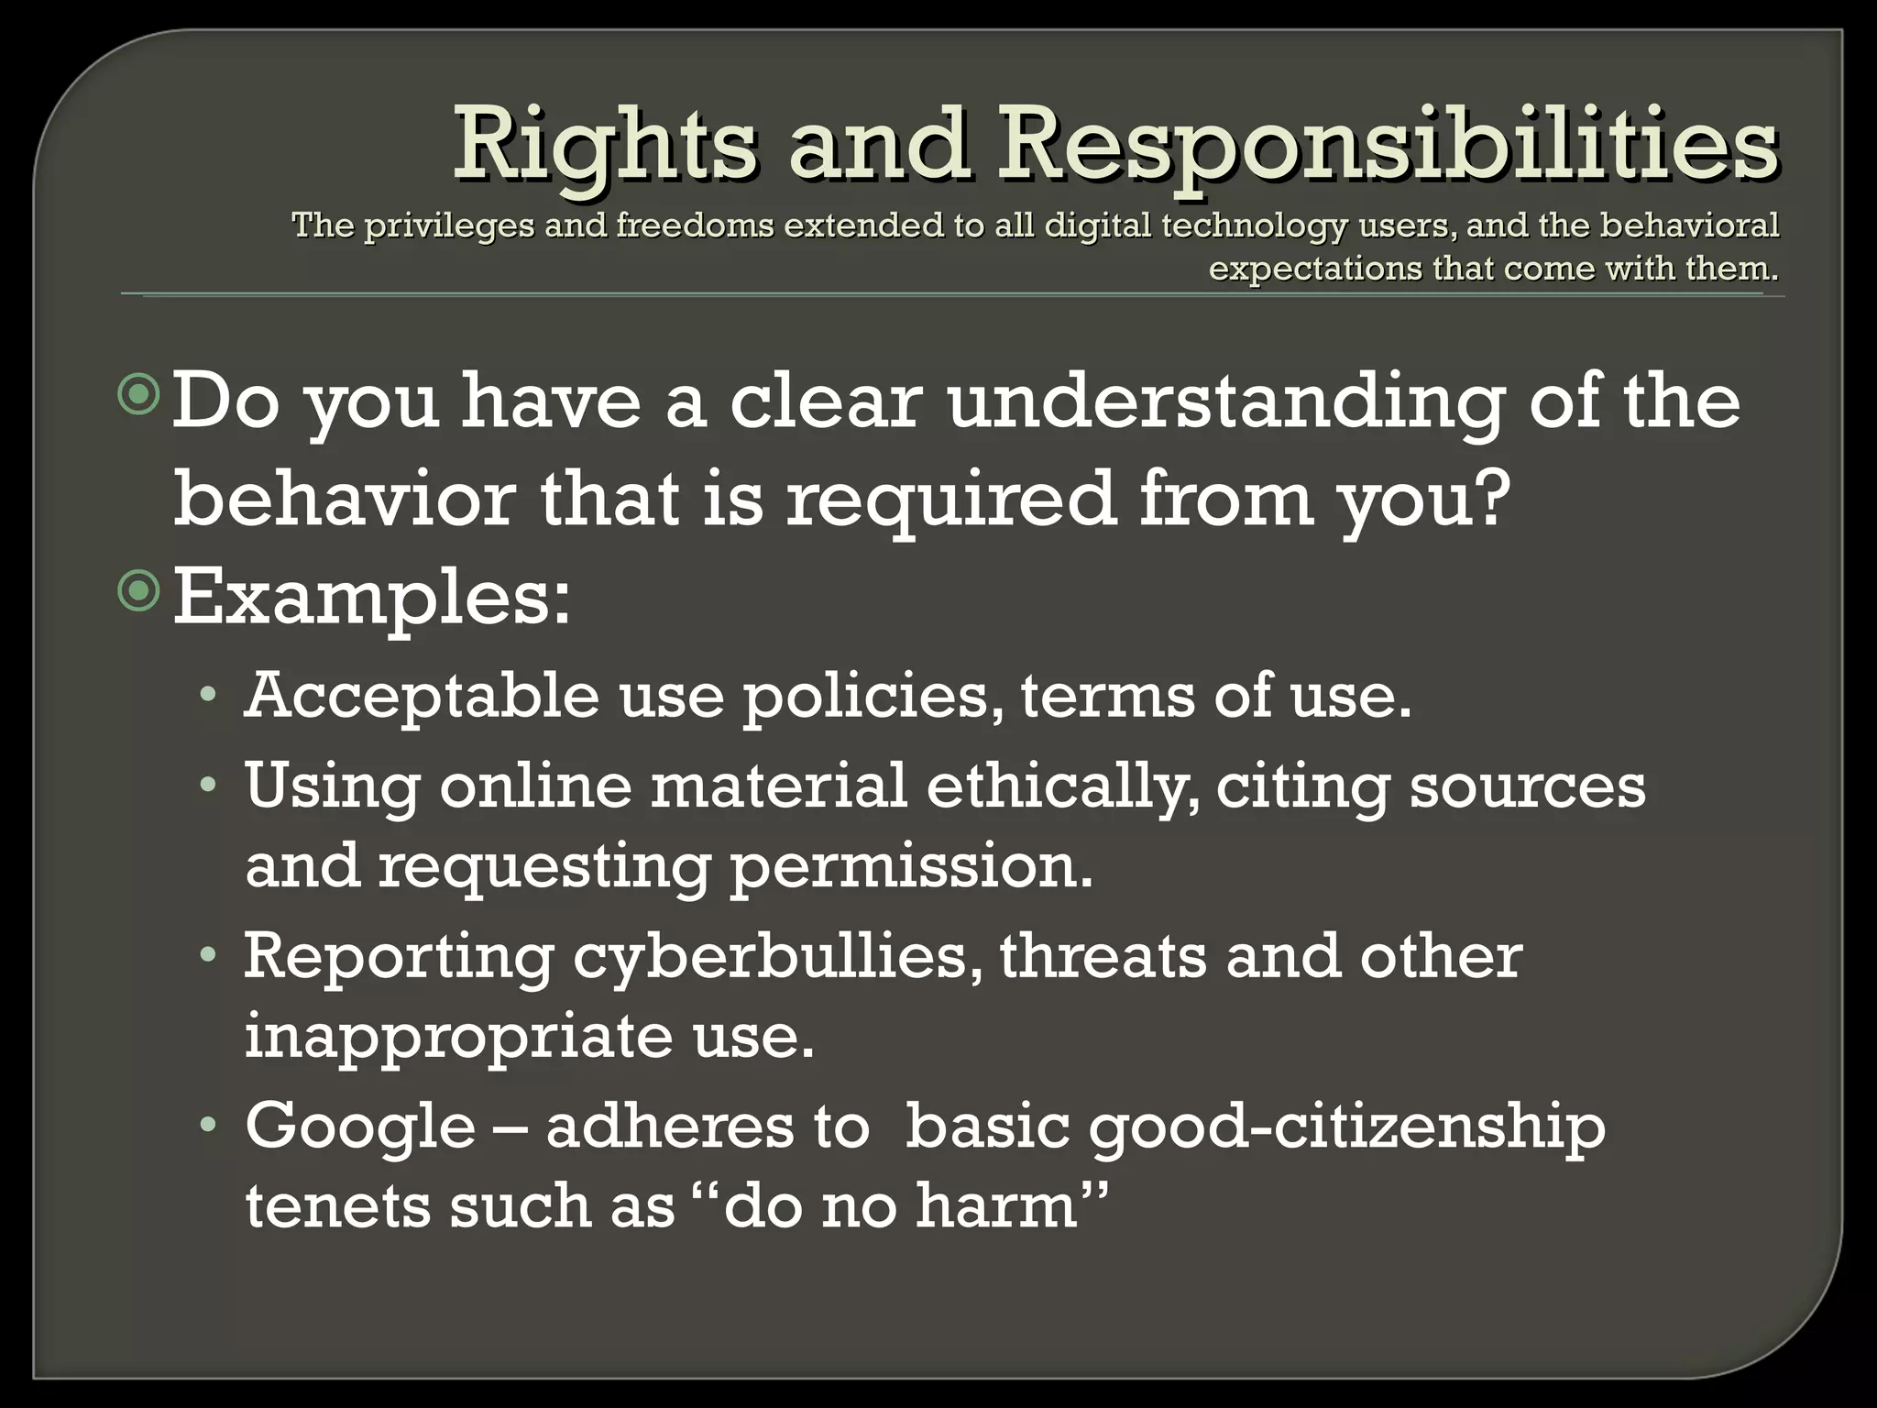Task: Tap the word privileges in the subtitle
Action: click(x=449, y=225)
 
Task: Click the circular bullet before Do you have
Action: click(x=139, y=396)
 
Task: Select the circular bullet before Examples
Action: click(x=139, y=593)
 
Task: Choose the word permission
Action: click(x=911, y=867)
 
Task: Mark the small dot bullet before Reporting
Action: click(x=209, y=957)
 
